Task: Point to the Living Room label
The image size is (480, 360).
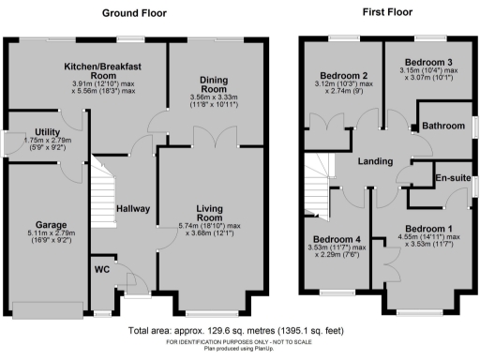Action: click(212, 213)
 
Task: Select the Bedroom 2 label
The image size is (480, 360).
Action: click(343, 75)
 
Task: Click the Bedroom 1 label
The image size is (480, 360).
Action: click(430, 229)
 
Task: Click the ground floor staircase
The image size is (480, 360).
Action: click(104, 196)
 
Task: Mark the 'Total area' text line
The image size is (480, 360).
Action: click(239, 332)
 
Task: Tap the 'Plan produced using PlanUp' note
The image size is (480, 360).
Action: click(239, 350)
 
